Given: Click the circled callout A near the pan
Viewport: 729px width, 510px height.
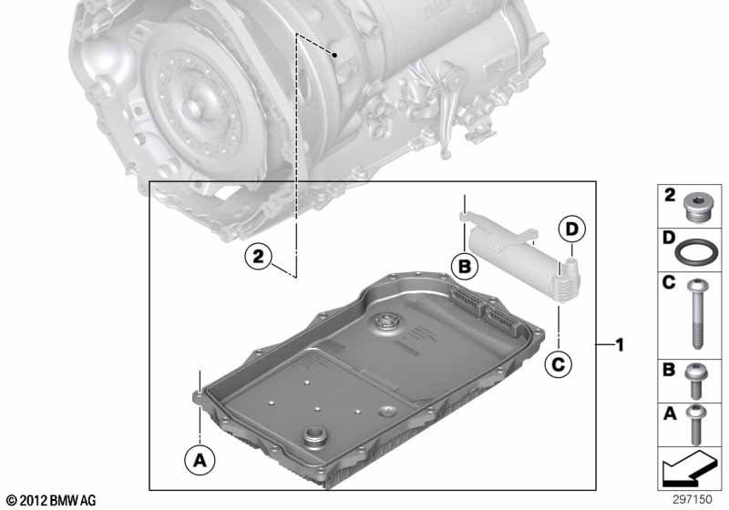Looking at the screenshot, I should tap(200, 462).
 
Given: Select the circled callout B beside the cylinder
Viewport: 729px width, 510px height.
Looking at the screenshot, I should tap(465, 266).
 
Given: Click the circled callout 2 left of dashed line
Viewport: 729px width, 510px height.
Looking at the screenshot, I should tap(260, 258).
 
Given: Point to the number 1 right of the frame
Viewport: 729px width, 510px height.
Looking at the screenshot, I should tap(619, 345).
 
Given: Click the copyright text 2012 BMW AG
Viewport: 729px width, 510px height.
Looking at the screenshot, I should tap(50, 500).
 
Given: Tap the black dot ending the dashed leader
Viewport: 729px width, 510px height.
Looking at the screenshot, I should tap(336, 56).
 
